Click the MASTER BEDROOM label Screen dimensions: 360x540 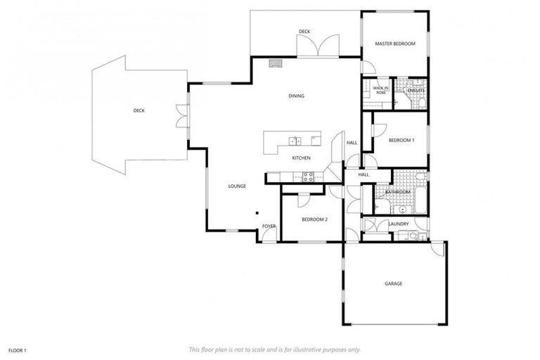(x=394, y=44)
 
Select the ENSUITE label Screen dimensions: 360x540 (x=416, y=91)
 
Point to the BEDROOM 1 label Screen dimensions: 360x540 (x=401, y=140)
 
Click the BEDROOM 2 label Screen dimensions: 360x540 (x=314, y=219)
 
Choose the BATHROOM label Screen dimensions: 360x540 (x=397, y=191)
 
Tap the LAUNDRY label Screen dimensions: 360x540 (x=399, y=224)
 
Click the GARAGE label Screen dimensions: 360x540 (x=393, y=283)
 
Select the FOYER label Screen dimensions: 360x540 (x=269, y=226)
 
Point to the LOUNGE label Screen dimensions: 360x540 (x=236, y=186)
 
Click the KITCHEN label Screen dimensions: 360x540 (x=301, y=157)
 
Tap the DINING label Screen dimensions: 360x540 (x=296, y=96)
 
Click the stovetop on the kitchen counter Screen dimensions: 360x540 (x=307, y=176)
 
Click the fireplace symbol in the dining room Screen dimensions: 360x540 (x=276, y=62)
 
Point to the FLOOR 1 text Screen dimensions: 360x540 (x=17, y=349)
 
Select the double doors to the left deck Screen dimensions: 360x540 (x=181, y=116)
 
